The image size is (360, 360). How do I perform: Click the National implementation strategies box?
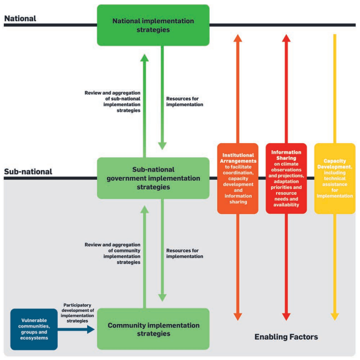click(x=153, y=25)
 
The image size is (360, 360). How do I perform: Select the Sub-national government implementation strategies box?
click(x=153, y=178)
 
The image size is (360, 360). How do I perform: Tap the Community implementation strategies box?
click(x=153, y=329)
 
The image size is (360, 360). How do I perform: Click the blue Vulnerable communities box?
click(x=34, y=329)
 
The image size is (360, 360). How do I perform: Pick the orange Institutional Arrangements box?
click(x=238, y=178)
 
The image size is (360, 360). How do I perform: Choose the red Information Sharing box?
click(x=286, y=178)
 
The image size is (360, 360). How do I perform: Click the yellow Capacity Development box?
click(x=335, y=178)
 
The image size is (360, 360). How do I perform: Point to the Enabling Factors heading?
click(x=286, y=337)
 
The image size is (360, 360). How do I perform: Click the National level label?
click(x=20, y=18)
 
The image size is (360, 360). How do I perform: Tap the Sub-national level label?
click(x=28, y=172)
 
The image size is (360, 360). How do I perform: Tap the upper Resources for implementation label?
click(x=185, y=102)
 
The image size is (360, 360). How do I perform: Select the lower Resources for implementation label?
click(x=185, y=253)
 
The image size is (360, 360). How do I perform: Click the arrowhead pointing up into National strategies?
click(x=144, y=57)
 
